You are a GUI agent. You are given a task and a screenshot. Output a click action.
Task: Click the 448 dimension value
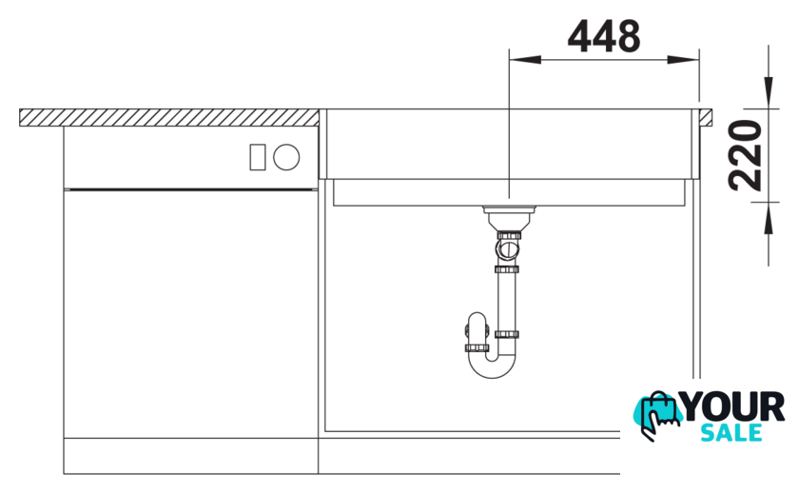coord(604,36)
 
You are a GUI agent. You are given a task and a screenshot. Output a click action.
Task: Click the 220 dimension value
coord(745,155)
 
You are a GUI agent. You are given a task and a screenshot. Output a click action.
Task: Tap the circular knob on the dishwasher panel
coord(286,157)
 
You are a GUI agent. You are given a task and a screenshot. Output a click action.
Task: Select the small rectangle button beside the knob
coord(258,157)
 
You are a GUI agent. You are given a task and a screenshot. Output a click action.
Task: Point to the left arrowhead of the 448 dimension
coord(525,60)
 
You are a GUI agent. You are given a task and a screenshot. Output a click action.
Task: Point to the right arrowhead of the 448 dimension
coord(683,60)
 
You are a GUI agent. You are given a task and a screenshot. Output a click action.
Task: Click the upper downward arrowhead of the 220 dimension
coord(769,92)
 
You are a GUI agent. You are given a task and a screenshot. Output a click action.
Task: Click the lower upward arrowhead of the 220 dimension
coord(769,218)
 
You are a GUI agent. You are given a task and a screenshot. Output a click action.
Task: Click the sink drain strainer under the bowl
coord(509,218)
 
